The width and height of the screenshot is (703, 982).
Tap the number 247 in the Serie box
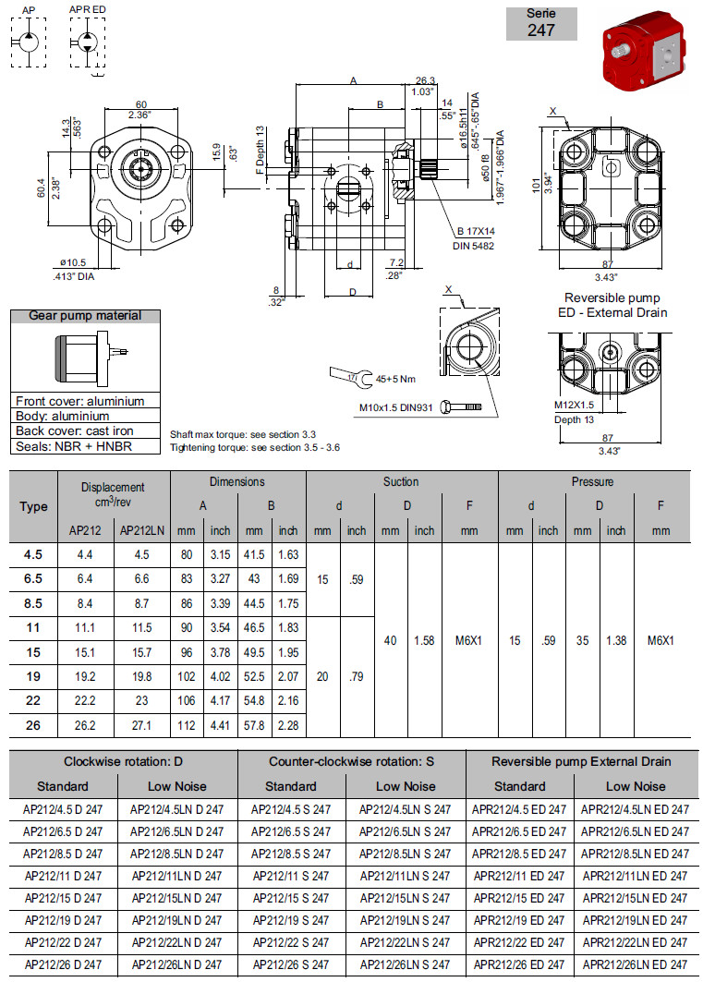[541, 30]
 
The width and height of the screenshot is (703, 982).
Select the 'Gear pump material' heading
[85, 316]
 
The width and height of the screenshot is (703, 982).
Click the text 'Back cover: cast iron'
[75, 430]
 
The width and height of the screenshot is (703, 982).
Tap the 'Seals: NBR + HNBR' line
[74, 446]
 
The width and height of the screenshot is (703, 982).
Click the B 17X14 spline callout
[476, 231]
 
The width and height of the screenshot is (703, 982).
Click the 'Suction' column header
[401, 481]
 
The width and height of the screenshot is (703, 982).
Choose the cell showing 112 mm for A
[188, 725]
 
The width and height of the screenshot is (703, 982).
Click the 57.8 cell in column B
[254, 725]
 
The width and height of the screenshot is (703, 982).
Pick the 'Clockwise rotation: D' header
[123, 761]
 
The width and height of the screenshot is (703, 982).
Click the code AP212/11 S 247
[291, 876]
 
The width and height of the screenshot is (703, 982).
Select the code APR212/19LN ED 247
[635, 920]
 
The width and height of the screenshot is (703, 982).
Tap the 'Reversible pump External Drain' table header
[581, 761]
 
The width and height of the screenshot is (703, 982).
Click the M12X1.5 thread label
[574, 405]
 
